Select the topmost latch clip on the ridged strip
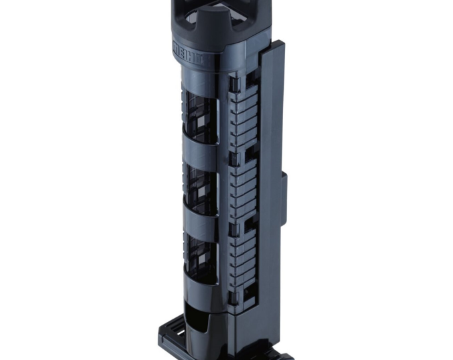tap(234, 84)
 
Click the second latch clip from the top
tap(234, 159)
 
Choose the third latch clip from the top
tap(234, 229)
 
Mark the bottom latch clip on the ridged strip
tap(234, 297)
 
